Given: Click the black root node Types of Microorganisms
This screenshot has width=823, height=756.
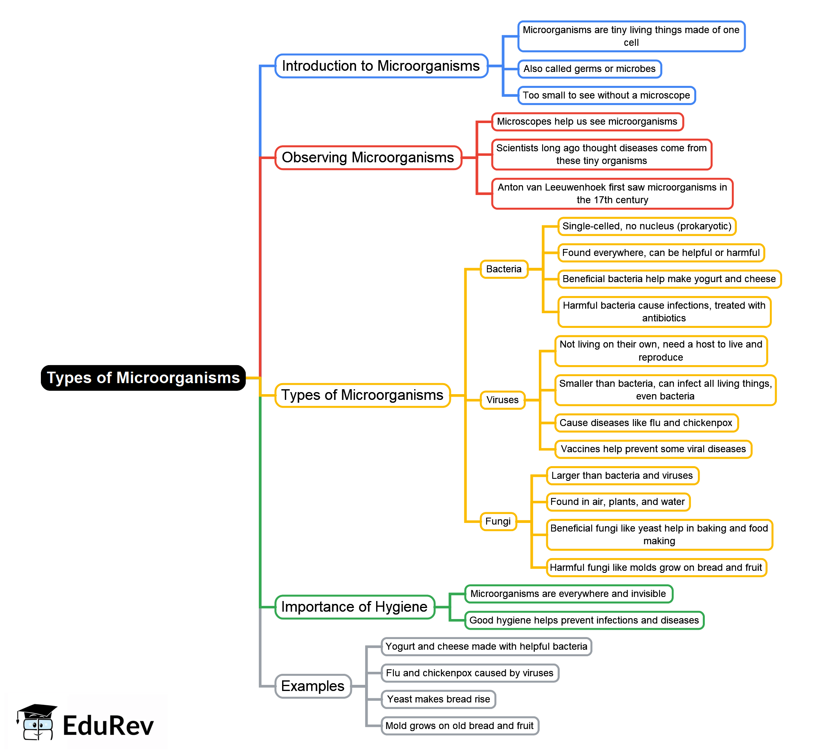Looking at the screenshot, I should [143, 378].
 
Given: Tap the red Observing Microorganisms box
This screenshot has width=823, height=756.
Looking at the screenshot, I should [368, 157].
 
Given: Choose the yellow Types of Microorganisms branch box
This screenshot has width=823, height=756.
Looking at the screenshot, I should [362, 395].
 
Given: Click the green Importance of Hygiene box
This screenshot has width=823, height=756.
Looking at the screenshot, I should [354, 607].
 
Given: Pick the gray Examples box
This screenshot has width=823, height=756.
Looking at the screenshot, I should [313, 686].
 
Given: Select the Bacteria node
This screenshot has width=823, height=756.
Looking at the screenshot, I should [504, 269].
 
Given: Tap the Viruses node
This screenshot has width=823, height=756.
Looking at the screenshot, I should [503, 400].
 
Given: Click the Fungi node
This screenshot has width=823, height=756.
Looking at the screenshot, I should [498, 521].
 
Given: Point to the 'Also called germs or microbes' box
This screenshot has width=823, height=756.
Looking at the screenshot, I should [590, 69].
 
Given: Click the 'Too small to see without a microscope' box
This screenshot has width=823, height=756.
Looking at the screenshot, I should [607, 95].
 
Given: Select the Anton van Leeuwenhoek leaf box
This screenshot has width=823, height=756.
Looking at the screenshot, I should [612, 193].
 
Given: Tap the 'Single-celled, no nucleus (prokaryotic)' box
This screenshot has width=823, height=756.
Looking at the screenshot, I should [647, 226].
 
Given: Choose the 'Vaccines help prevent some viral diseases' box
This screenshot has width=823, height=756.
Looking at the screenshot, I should [654, 449].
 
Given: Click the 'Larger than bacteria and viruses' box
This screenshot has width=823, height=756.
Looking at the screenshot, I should [623, 476].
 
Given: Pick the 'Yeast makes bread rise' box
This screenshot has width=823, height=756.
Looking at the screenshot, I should [439, 699].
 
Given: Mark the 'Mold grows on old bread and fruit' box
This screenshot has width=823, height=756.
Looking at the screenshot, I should [460, 726].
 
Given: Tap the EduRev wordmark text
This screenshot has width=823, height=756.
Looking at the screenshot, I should [108, 726].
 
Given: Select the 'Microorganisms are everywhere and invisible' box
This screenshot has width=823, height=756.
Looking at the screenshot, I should [569, 594].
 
